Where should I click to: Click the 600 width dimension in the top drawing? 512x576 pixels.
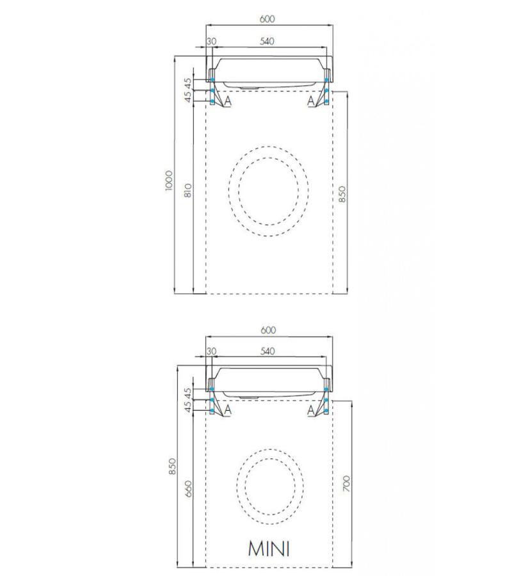[x=268, y=19]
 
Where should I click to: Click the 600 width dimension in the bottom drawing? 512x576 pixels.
[x=268, y=330]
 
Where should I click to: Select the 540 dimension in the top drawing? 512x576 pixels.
[x=267, y=41]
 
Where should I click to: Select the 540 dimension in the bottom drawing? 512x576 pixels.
[x=268, y=351]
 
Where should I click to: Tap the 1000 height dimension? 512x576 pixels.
[x=168, y=180]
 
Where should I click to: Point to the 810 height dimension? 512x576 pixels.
[x=188, y=190]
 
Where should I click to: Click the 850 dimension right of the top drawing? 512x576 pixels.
[x=342, y=194]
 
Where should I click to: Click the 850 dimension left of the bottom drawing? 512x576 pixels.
[x=172, y=466]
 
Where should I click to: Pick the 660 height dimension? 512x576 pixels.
[x=188, y=488]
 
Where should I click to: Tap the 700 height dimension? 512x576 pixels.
[x=346, y=483]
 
